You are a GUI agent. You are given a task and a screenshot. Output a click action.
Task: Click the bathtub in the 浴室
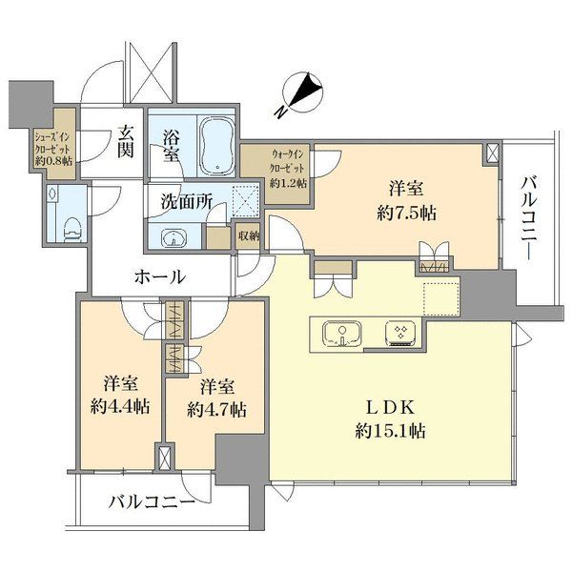pos(217,144)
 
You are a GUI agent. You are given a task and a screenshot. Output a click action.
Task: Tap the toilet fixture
pos(72,229)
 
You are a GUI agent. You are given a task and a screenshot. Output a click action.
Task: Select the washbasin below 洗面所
pos(174,237)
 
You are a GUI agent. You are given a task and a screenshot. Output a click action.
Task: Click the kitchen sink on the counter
pos(342,333)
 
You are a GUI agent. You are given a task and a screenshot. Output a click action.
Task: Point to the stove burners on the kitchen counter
pos(400,333)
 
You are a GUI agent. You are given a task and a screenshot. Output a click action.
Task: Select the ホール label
pos(160,276)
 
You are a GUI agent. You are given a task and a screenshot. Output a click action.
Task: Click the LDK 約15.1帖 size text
pos(390,419)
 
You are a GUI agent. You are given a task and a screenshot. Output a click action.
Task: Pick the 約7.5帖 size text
pos(406,213)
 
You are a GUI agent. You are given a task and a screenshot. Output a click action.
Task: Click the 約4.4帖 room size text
pos(120,406)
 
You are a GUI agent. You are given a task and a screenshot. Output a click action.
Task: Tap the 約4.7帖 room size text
pos(216,410)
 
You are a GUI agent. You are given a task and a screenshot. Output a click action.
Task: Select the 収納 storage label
pos(249,236)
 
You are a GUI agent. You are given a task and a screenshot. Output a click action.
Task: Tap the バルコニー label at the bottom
pos(153,503)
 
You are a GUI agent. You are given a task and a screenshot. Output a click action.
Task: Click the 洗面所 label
pos(187,202)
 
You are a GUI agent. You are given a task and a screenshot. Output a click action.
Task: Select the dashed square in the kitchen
pos(441,299)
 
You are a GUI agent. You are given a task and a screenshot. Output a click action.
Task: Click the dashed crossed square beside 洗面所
pos(246,200)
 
